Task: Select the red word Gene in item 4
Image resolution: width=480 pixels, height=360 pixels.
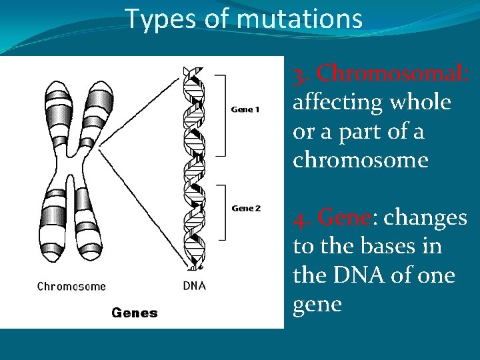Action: [344, 217]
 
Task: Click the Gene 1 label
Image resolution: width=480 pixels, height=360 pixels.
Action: [245, 109]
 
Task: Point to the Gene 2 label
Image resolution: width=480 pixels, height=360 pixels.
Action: [246, 208]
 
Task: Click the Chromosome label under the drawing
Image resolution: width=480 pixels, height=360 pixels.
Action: [71, 287]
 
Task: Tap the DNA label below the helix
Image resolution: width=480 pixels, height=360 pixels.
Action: [194, 286]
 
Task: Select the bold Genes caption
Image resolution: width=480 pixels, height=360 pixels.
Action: [135, 312]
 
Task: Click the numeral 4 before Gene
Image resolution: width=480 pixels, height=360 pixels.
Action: [299, 217]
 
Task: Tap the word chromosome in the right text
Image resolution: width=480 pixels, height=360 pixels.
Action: [360, 160]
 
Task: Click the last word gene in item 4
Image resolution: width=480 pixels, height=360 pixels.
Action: [317, 304]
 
